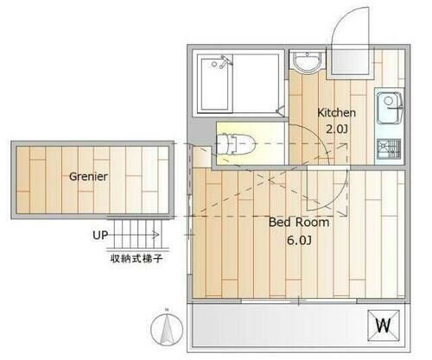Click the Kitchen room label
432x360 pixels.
tap(336, 113)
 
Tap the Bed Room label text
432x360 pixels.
tap(300, 222)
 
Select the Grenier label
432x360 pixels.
tap(87, 176)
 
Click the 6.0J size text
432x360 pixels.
tap(300, 241)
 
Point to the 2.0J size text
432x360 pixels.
tap(336, 129)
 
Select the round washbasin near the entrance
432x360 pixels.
tap(306, 62)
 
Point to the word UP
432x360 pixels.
tap(100, 234)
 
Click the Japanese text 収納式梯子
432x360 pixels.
tap(137, 257)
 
